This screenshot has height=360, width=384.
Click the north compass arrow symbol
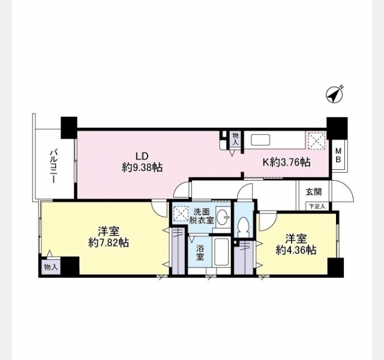click(x=334, y=95)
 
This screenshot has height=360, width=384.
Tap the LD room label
click(x=142, y=156)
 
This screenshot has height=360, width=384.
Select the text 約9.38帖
click(x=142, y=167)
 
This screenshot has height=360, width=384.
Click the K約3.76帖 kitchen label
click(x=287, y=162)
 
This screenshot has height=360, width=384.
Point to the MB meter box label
click(x=338, y=155)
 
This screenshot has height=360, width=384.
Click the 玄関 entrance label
click(x=313, y=192)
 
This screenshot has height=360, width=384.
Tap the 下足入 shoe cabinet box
click(x=317, y=206)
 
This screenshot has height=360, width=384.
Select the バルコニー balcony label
click(x=54, y=166)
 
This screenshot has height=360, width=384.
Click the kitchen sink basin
click(x=260, y=140)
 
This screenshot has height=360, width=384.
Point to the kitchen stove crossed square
click(x=316, y=141)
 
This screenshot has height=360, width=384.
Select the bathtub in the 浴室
click(x=221, y=252)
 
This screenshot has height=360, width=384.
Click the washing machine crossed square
click(x=180, y=214)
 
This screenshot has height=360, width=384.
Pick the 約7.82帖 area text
click(x=109, y=242)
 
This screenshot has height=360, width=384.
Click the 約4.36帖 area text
click(x=296, y=250)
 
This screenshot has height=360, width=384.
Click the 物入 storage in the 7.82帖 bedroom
click(x=51, y=267)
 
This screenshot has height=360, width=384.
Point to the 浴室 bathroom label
click(x=200, y=253)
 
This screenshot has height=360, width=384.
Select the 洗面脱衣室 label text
click(x=202, y=215)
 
